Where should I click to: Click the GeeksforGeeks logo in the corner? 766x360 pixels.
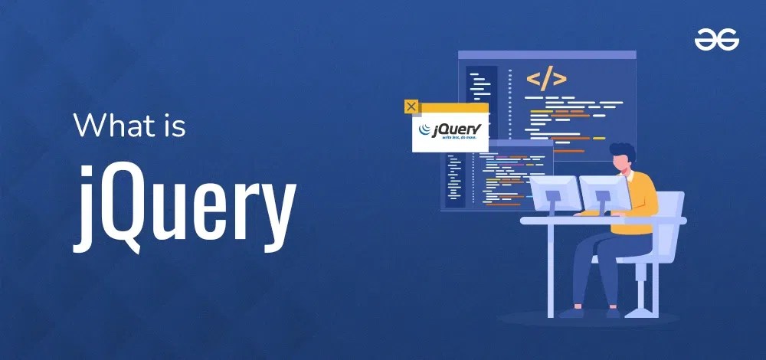(716, 40)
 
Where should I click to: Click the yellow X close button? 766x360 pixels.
(411, 106)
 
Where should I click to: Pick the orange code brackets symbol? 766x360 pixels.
(546, 78)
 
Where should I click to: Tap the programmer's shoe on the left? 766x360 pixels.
(571, 313)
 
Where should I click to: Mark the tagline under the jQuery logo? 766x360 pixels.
(450, 140)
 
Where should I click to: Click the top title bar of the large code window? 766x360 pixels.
(547, 55)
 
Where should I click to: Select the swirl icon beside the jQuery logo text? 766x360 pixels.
(424, 131)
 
